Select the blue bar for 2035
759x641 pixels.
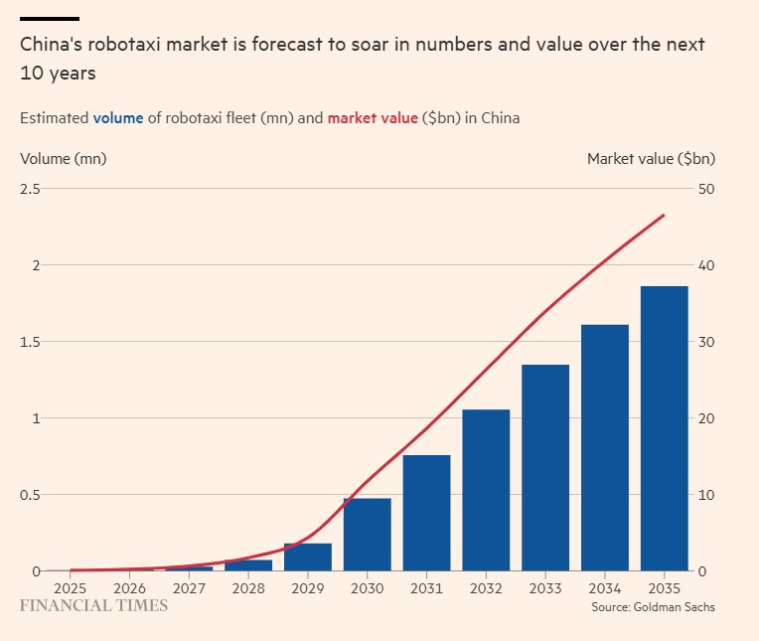pos(665,428)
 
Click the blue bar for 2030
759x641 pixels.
pos(367,535)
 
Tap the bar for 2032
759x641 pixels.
pos(486,490)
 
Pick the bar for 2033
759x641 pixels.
pos(545,468)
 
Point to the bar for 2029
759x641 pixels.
pos(307,558)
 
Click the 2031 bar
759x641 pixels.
pos(426,513)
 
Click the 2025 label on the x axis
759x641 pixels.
pos(70,586)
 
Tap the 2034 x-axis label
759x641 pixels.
pos(605,586)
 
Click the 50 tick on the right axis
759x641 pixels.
pos(705,189)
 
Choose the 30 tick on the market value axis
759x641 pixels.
pos(705,342)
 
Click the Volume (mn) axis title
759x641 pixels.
pos(63,158)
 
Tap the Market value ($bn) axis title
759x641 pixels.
pos(651,158)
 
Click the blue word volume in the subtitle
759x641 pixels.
pos(118,118)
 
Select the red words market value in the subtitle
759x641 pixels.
pos(373,118)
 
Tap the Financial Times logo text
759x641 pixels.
pos(93,604)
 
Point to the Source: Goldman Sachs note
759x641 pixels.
pos(653,606)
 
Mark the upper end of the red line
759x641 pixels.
pos(664,215)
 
